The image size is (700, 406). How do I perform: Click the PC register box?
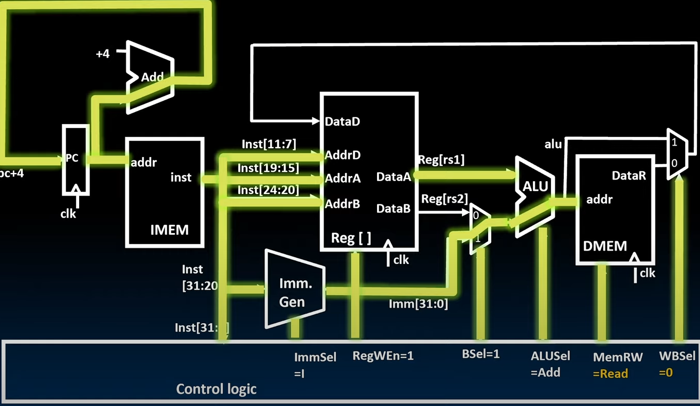75,159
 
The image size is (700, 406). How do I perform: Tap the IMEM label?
169,230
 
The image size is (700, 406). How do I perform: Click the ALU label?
535,186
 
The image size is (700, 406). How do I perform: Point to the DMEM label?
605,246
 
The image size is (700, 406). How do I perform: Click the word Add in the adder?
152,78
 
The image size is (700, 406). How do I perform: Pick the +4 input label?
103,54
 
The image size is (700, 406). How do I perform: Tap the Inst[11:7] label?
269,145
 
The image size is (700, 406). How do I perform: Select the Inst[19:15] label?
268,168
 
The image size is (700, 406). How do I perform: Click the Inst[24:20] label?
268,190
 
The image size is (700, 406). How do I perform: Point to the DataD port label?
343,122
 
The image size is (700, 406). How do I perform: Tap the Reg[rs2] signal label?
444,199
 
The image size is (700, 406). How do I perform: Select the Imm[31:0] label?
418,304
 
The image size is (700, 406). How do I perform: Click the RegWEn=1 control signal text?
383,356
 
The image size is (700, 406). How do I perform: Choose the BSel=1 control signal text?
481,354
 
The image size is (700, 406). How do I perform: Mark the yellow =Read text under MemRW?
611,374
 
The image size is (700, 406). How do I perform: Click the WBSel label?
677,356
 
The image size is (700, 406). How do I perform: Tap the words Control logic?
216,389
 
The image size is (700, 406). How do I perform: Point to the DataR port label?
629,176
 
